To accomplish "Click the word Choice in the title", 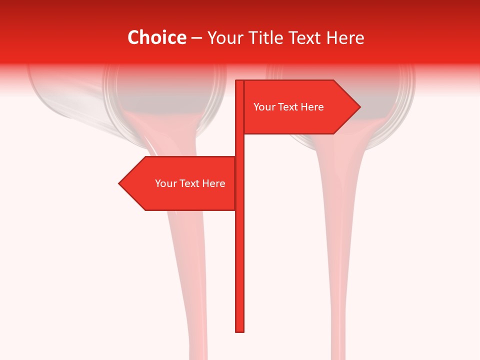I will [156, 37].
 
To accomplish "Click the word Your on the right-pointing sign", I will [264, 107].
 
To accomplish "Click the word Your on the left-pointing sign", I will [165, 183].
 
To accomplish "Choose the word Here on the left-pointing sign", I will [213, 183].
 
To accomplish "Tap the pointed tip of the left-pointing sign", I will [120, 183].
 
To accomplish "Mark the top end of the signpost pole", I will [239, 81].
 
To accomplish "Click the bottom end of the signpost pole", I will [239, 330].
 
